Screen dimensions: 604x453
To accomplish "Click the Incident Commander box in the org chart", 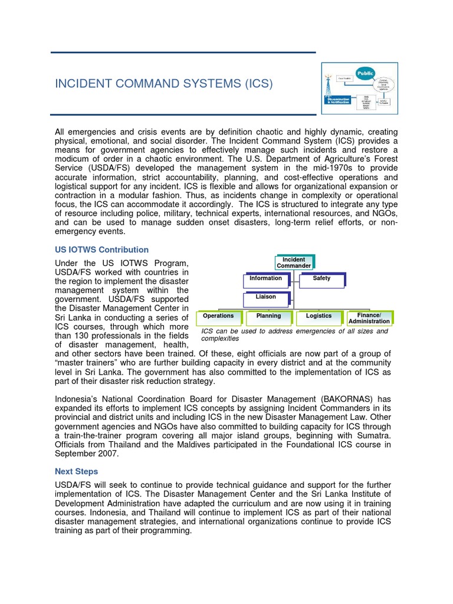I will tap(294, 262).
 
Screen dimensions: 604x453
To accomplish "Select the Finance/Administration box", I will tap(369, 319).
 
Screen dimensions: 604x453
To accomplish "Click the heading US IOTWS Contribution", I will tap(101, 250).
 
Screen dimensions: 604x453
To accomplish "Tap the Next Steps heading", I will tap(76, 471).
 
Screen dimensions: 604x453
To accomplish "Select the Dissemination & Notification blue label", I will tap(339, 100).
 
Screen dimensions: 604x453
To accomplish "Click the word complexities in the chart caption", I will tap(220, 339).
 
